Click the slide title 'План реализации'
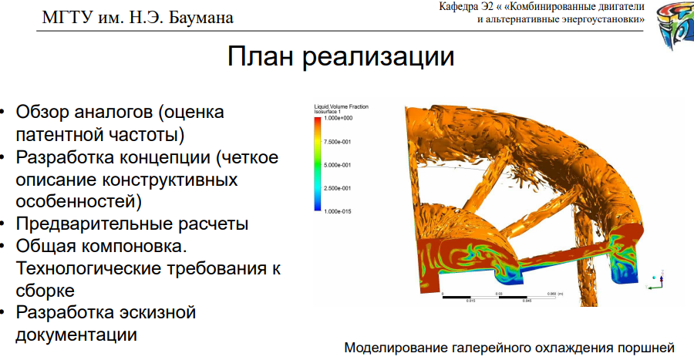[340, 57]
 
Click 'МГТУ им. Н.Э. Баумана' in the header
[136, 15]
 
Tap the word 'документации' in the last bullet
[76, 335]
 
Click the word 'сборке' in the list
[45, 291]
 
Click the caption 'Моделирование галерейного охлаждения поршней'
[509, 347]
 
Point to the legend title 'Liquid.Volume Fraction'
[341, 106]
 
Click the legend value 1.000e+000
[338, 119]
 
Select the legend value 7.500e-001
[338, 142]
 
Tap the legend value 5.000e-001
[338, 165]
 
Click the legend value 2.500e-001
[338, 188]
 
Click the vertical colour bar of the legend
[318, 164]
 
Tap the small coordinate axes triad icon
[657, 281]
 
